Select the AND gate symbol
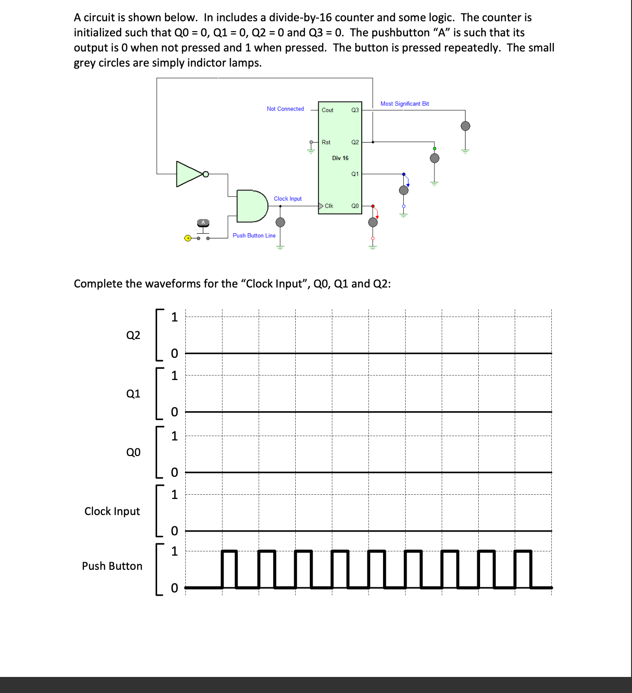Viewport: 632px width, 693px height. pos(251,206)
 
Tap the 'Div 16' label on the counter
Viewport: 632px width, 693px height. pos(340,158)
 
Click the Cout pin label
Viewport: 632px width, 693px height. pos(327,110)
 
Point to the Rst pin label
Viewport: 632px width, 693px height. pos(326,142)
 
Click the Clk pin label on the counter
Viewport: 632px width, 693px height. pos(329,206)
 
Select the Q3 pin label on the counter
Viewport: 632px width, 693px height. pos(355,110)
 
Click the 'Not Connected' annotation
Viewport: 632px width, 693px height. pos(285,109)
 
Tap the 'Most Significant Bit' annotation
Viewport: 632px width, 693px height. pos(405,104)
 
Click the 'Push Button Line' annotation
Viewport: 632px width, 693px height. pos(254,236)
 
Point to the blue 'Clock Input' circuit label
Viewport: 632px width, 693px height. pos(288,199)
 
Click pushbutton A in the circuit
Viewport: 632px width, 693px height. pos(203,224)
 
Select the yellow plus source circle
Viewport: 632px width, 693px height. pos(188,238)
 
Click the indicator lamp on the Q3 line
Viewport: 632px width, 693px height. pos(465,126)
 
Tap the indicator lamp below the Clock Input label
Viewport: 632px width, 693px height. pos(280,222)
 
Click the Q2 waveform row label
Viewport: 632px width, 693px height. pos(133,335)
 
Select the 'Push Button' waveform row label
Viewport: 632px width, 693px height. pos(112,566)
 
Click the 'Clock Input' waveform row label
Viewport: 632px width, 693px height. pos(112,511)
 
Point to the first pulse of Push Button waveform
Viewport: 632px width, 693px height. pos(229,569)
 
